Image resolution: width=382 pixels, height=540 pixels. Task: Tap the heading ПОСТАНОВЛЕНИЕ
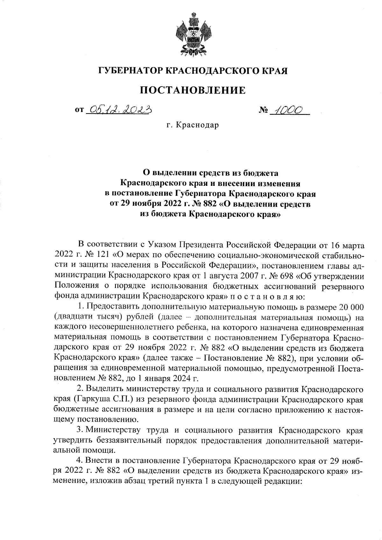[x=193, y=90]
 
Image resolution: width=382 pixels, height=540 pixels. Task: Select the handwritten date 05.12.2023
[x=119, y=110]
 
